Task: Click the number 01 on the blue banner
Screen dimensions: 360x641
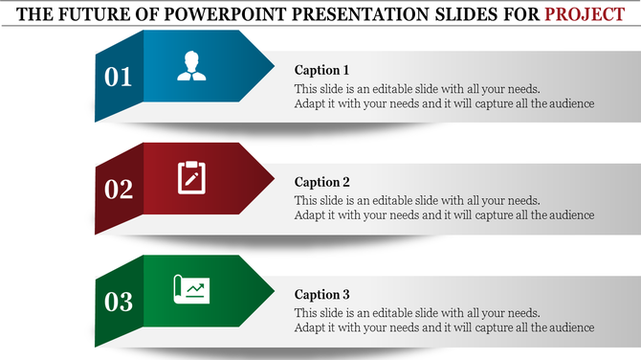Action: (119, 78)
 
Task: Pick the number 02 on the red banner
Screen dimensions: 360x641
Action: (119, 190)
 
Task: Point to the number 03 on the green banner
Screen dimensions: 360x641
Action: (119, 303)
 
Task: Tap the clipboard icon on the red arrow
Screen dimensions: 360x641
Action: (191, 177)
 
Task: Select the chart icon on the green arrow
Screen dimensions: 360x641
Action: (191, 288)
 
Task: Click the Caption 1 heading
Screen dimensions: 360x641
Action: (321, 70)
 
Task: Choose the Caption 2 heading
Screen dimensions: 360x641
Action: (322, 182)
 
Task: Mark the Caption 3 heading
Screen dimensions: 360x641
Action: (322, 294)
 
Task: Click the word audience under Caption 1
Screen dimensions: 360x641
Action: (571, 103)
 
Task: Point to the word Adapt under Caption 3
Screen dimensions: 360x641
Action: (310, 327)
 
